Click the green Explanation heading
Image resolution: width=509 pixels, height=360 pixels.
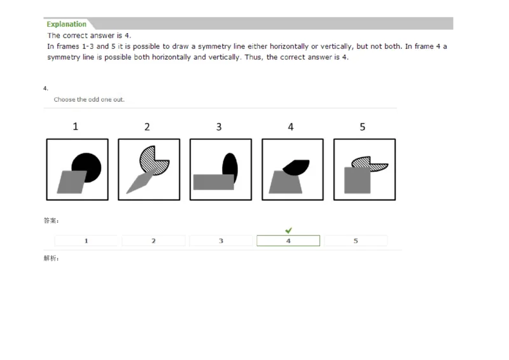click(66, 24)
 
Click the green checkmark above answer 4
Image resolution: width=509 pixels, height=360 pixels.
click(288, 230)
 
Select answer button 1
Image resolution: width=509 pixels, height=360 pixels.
click(86, 241)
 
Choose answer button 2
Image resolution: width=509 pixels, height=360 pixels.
click(153, 241)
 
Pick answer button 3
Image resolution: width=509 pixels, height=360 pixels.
click(221, 241)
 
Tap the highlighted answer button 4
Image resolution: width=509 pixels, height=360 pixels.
click(288, 241)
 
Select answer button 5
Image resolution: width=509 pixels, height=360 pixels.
click(356, 241)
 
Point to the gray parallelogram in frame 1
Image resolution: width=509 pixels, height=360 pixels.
click(71, 183)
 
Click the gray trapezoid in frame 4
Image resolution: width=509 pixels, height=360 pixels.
click(284, 183)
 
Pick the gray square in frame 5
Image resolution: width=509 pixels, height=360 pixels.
click(358, 181)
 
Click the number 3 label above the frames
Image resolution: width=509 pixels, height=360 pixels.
click(219, 127)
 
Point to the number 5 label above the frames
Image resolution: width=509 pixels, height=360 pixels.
click(363, 127)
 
